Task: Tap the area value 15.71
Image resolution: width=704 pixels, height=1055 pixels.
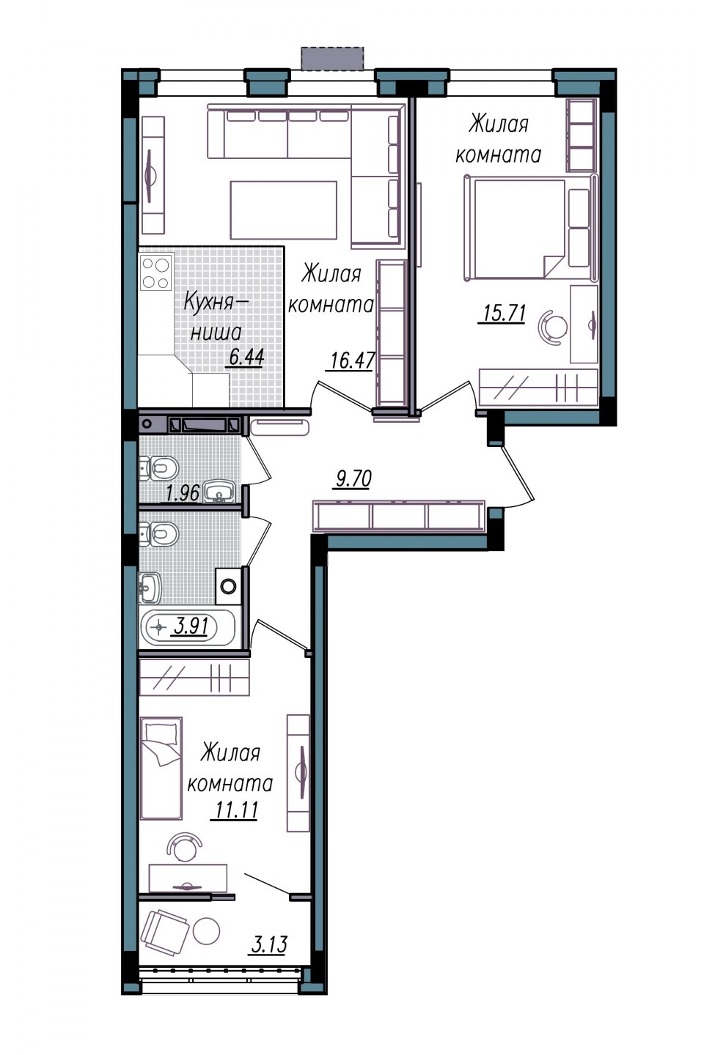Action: (x=502, y=313)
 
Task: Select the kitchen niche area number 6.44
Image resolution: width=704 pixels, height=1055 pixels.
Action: (x=246, y=357)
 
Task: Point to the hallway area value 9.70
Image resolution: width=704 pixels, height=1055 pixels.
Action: (x=353, y=479)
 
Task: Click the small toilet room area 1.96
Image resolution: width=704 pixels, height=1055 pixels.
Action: (x=183, y=493)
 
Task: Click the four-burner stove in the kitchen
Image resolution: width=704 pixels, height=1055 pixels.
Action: (x=156, y=273)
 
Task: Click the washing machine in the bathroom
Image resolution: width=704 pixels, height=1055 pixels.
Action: (x=228, y=586)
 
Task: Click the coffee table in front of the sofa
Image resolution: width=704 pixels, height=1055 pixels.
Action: (x=283, y=210)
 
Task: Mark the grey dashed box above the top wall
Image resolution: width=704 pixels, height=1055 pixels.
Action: (x=333, y=59)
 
